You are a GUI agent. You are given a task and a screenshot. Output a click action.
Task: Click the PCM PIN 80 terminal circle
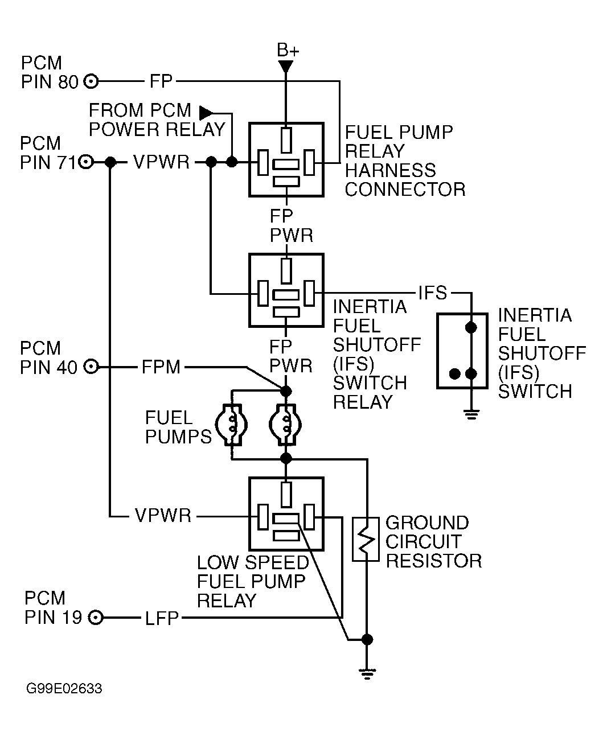click(x=91, y=81)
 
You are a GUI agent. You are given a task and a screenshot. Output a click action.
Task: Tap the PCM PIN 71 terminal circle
click(x=85, y=162)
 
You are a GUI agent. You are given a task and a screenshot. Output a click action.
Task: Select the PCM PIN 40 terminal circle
click(x=91, y=367)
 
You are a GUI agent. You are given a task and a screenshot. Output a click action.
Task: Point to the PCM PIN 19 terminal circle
click(x=96, y=617)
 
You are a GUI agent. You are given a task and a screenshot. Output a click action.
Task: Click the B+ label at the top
click(x=288, y=51)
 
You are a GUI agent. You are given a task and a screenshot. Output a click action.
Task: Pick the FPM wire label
click(x=161, y=367)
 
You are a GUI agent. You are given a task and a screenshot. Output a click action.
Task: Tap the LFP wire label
click(x=162, y=618)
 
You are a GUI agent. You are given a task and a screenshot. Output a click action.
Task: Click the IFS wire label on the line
click(x=433, y=293)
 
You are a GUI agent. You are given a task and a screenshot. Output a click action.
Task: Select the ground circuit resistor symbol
click(x=366, y=539)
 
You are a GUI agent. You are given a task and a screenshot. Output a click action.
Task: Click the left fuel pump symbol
click(x=231, y=424)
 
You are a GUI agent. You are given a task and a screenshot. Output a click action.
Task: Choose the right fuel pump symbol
click(x=286, y=424)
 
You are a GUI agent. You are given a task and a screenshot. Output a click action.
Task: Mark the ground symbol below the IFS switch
click(x=471, y=414)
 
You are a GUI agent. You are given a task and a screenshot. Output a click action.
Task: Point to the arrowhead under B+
click(x=286, y=67)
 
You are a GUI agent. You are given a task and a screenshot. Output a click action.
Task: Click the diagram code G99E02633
click(x=64, y=689)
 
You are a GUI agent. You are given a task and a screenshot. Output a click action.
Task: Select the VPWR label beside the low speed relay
click(x=163, y=516)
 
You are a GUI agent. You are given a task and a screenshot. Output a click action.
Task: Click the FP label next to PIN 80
click(x=161, y=81)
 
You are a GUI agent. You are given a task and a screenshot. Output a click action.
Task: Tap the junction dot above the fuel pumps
click(x=286, y=390)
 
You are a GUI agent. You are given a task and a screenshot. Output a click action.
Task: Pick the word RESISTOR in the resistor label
click(x=434, y=561)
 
